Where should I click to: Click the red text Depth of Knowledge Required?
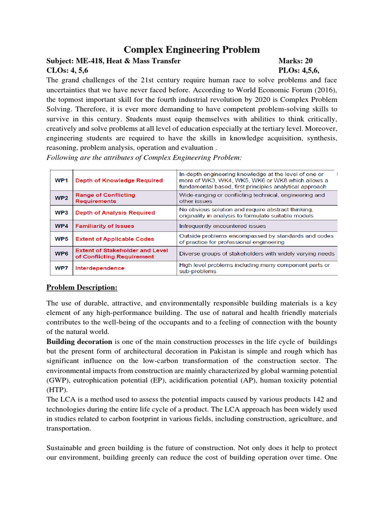[x=119, y=180]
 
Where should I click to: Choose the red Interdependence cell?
[x=100, y=268]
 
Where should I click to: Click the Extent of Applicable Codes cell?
[x=114, y=239]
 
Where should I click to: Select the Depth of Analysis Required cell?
[x=115, y=212]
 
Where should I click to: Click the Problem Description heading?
[x=82, y=287]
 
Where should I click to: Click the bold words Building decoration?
[x=79, y=341]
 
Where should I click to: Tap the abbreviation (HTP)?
[x=56, y=389]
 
